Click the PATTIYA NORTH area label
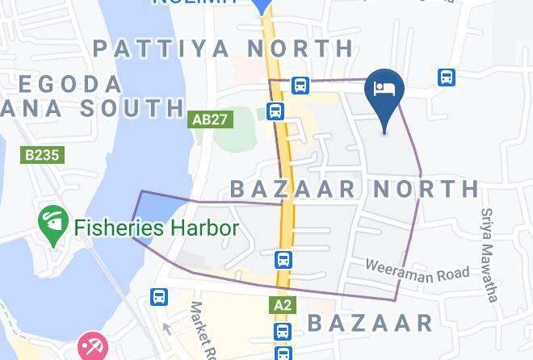pos(224,48)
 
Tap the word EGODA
pos(69,84)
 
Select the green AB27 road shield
pos(210,119)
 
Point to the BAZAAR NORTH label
pos(355,189)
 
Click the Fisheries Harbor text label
pos(157,228)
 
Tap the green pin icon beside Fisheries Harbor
pos(52,225)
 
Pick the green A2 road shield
pos(283,305)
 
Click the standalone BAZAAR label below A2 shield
pos(370,324)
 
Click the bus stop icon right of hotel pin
pos(446,77)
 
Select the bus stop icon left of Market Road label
pos(159,297)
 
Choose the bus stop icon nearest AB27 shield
pos(275,111)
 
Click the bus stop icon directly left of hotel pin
pos(300,85)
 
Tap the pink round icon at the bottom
pos(90,347)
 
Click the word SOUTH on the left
pos(137,107)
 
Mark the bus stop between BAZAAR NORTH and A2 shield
pos(283,259)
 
